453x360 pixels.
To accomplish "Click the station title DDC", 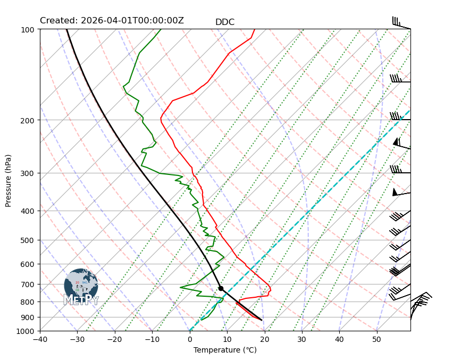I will [x=224, y=22].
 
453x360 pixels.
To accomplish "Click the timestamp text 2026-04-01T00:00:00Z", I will [x=132, y=21].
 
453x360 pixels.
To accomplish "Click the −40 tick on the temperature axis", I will [x=40, y=340].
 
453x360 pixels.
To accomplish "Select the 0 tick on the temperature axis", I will [x=190, y=340].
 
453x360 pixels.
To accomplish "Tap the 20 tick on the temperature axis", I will [x=264, y=340].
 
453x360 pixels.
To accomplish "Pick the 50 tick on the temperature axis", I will [x=376, y=340].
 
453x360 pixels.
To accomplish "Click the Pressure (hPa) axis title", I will [x=9, y=180].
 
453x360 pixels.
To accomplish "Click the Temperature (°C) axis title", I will [x=225, y=350].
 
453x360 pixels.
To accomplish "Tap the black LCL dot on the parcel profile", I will [x=221, y=288].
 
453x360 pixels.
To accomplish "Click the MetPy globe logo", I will [x=81, y=284].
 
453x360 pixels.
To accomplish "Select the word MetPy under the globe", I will [x=81, y=300].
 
